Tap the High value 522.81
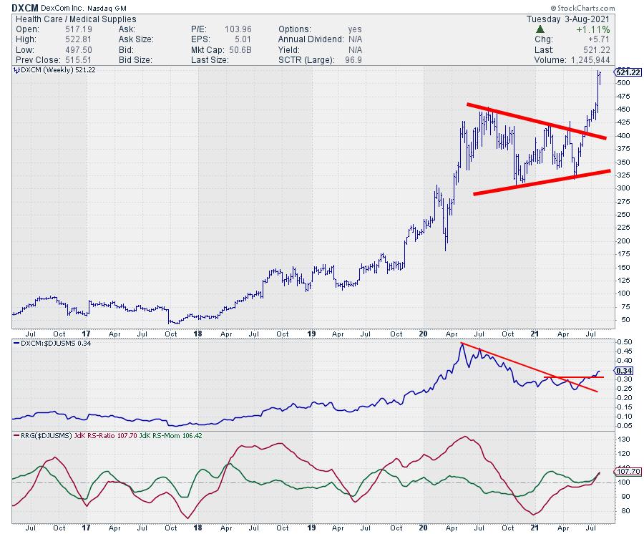pyautogui.click(x=67, y=39)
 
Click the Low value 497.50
pyautogui.click(x=67, y=50)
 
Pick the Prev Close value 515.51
pyautogui.click(x=67, y=60)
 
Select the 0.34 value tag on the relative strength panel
pyautogui.click(x=623, y=371)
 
